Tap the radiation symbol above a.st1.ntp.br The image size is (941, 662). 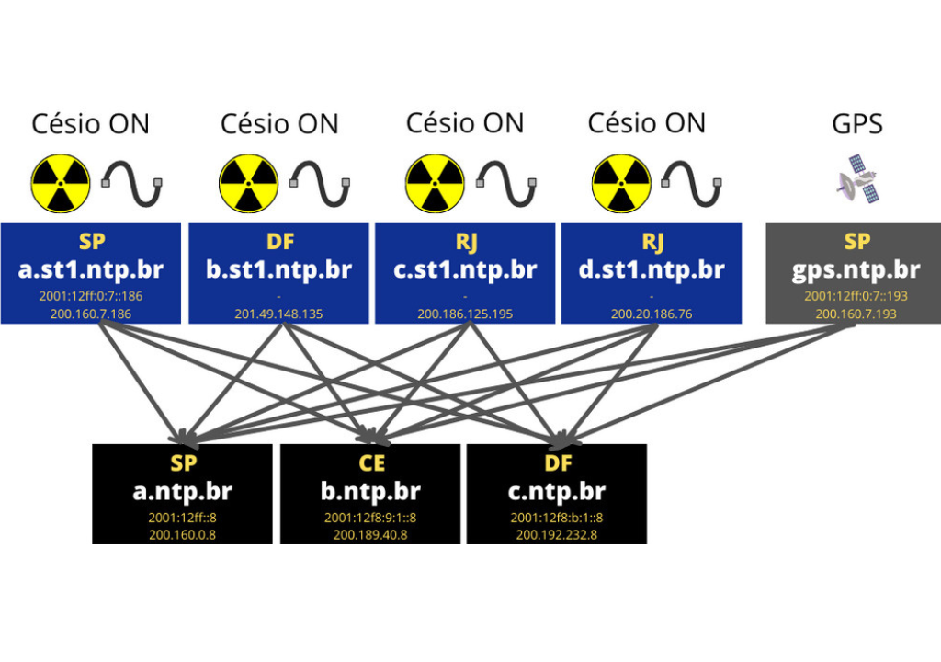[x=61, y=183]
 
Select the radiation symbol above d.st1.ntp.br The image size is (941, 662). [x=620, y=183]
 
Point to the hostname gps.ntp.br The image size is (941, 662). [x=856, y=269]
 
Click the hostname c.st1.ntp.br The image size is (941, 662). [x=465, y=269]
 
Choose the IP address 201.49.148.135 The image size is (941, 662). [x=278, y=314]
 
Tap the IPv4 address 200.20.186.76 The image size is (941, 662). [x=652, y=314]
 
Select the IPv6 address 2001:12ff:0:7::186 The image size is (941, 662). [x=91, y=296]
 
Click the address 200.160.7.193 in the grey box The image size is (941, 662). [x=856, y=314]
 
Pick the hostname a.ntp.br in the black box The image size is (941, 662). [x=182, y=491]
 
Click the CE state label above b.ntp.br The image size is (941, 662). [x=370, y=463]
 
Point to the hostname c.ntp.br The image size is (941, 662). [x=557, y=491]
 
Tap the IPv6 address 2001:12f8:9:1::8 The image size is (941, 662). [x=370, y=518]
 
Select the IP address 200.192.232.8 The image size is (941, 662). [x=557, y=534]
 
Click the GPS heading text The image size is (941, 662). [x=856, y=123]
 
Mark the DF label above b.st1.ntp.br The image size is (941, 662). [x=278, y=242]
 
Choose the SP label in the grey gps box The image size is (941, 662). [x=856, y=242]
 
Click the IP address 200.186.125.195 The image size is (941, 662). [x=465, y=314]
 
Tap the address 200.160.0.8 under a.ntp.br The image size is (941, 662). [x=182, y=534]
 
